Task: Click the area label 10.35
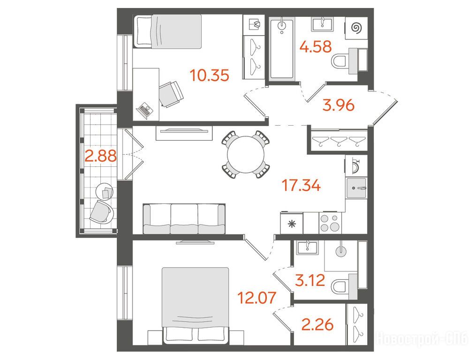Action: (x=209, y=75)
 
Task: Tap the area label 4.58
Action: (x=316, y=47)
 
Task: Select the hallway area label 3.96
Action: (x=339, y=105)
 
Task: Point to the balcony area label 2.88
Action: (x=101, y=156)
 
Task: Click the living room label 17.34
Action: (x=301, y=185)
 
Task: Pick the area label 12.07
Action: (x=257, y=298)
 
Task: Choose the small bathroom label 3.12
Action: (x=310, y=280)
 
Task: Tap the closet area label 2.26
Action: (x=317, y=325)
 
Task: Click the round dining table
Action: (x=246, y=155)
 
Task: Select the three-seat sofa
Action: (x=184, y=218)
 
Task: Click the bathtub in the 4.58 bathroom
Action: (x=282, y=48)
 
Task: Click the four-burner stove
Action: (x=330, y=223)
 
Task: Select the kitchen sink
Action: (x=356, y=187)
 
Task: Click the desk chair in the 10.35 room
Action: (x=171, y=94)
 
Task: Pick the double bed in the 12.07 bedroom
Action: (x=196, y=305)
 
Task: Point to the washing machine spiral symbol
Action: (x=356, y=28)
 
